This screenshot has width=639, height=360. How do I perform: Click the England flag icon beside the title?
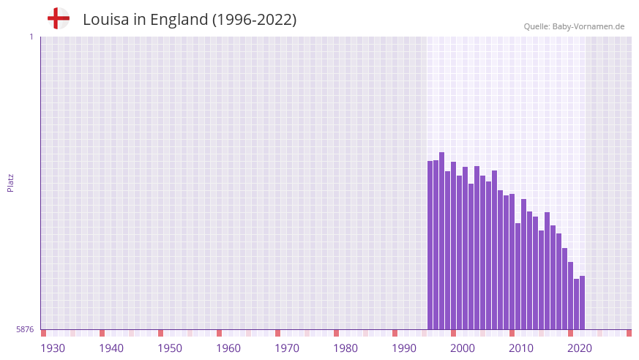pyautogui.click(x=58, y=18)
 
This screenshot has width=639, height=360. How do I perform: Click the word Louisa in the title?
pyautogui.click(x=105, y=20)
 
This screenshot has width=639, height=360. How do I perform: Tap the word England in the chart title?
pyautogui.click(x=179, y=20)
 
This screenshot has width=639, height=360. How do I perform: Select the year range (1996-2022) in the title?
pyautogui.click(x=254, y=20)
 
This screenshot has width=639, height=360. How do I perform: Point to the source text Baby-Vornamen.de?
pyautogui.click(x=588, y=26)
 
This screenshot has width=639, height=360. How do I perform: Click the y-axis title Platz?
pyautogui.click(x=10, y=182)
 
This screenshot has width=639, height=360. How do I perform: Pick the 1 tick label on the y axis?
pyautogui.click(x=31, y=37)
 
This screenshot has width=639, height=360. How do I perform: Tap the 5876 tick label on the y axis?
pyautogui.click(x=25, y=330)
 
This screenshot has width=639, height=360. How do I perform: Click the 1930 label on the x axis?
pyautogui.click(x=53, y=348)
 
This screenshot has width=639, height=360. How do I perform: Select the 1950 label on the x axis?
pyautogui.click(x=170, y=348)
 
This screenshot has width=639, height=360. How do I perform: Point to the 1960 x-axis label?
pyautogui.click(x=228, y=348)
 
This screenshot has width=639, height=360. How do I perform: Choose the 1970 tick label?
pyautogui.click(x=287, y=348)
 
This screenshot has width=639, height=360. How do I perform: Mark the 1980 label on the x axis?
pyautogui.click(x=345, y=348)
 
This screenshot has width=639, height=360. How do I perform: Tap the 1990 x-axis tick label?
pyautogui.click(x=404, y=348)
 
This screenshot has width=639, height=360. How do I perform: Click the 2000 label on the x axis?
pyautogui.click(x=463, y=348)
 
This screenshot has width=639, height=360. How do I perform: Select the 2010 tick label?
pyautogui.click(x=521, y=348)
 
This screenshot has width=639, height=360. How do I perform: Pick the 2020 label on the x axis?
pyautogui.click(x=580, y=348)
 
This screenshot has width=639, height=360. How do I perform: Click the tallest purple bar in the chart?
pyautogui.click(x=441, y=241)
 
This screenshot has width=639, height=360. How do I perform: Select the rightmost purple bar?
pyautogui.click(x=582, y=303)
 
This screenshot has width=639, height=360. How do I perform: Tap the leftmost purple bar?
pyautogui.click(x=430, y=245)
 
